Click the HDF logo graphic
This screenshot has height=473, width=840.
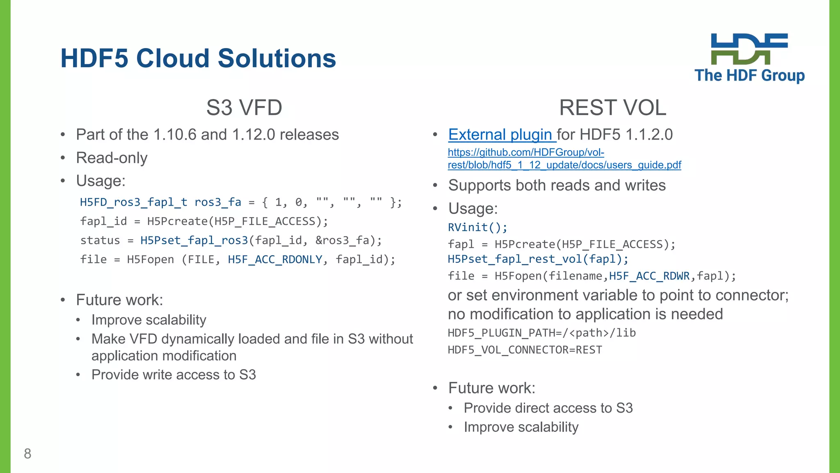pyautogui.click(x=749, y=49)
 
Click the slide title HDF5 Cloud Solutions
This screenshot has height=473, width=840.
pyautogui.click(x=198, y=58)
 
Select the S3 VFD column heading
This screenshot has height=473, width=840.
pyautogui.click(x=244, y=108)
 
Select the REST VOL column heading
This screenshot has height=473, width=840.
pyautogui.click(x=612, y=108)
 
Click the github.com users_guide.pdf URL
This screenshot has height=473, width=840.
pyautogui.click(x=564, y=159)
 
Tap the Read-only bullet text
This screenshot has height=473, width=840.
pyautogui.click(x=112, y=158)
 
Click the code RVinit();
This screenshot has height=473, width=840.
pyautogui.click(x=477, y=227)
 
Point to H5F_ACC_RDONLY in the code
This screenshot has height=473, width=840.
pyautogui.click(x=275, y=259)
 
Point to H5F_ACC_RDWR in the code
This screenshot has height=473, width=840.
pyautogui.click(x=649, y=276)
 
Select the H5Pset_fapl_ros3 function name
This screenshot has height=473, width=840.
pyautogui.click(x=194, y=240)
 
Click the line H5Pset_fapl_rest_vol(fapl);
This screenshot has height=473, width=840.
pyautogui.click(x=538, y=259)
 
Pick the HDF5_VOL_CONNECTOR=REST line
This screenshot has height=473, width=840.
pyautogui.click(x=525, y=350)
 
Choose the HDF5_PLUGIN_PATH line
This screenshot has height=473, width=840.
pyautogui.click(x=541, y=333)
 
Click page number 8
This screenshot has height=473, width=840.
pyautogui.click(x=27, y=454)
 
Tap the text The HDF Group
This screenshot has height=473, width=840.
pyautogui.click(x=749, y=76)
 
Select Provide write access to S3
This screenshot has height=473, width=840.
pyautogui.click(x=173, y=375)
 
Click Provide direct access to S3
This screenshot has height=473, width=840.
pyautogui.click(x=548, y=408)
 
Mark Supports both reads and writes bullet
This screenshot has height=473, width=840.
pyautogui.click(x=557, y=186)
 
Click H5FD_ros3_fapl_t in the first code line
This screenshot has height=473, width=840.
pyautogui.click(x=133, y=202)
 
